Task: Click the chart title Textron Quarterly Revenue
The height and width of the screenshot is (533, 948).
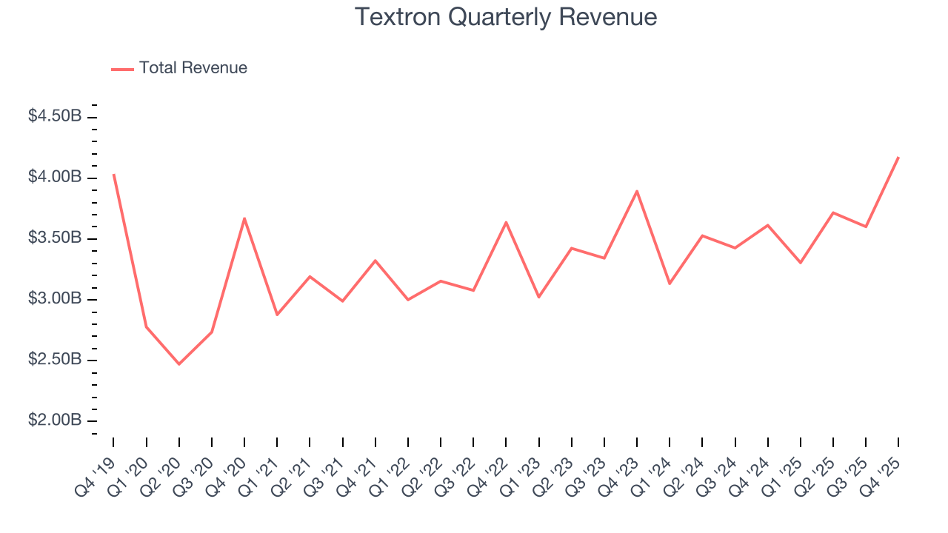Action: (506, 17)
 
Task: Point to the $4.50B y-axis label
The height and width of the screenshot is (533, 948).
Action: (55, 116)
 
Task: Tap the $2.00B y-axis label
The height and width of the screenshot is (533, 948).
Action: (55, 420)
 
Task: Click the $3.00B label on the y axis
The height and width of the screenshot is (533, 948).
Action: (55, 299)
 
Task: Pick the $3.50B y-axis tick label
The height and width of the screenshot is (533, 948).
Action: (55, 238)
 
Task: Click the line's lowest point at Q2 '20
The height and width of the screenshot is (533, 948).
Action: (178, 364)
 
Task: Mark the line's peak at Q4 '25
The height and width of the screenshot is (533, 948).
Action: (898, 157)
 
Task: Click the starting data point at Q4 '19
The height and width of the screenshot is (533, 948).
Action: (113, 175)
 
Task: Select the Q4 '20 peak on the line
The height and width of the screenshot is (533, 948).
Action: (244, 218)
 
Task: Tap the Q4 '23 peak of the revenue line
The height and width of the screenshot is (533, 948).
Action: (637, 191)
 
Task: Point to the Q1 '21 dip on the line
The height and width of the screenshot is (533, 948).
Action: (277, 315)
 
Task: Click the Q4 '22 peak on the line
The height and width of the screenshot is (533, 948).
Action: (506, 222)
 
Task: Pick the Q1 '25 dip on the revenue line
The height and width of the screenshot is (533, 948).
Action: (801, 263)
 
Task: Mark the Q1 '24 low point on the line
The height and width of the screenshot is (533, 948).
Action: (670, 284)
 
